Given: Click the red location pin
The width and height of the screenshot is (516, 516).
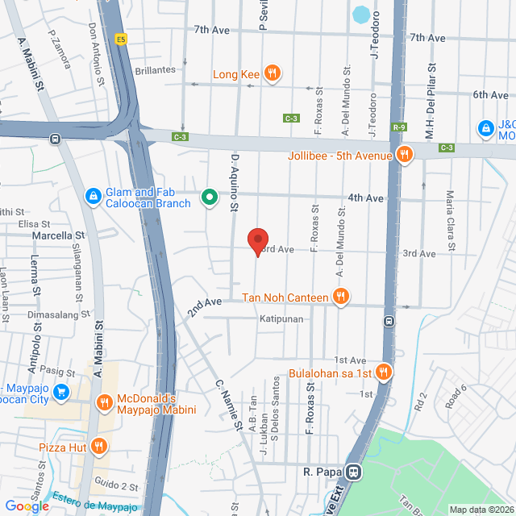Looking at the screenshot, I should click(257, 241).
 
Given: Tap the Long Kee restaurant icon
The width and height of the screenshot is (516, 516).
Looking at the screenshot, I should click(273, 74).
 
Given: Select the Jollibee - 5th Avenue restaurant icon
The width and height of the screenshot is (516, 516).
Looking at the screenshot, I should click(404, 155).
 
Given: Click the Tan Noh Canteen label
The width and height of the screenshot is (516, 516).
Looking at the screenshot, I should click(285, 298).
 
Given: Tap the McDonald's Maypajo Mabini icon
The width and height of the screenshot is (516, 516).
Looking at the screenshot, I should click(104, 402).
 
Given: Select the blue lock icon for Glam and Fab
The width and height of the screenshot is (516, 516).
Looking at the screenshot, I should click(93, 195).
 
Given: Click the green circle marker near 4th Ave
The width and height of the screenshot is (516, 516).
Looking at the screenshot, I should click(209, 197).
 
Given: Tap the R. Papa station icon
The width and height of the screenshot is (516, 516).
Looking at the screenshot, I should click(353, 472).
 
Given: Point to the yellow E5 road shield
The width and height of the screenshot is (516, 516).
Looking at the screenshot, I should click(121, 39).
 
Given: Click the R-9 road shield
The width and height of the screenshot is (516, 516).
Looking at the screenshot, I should click(399, 127).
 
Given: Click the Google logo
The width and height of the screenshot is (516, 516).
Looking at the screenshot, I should click(27, 506).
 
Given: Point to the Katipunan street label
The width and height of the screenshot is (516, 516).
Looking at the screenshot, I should click(281, 319).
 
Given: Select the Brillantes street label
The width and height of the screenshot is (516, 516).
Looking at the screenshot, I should click(156, 70).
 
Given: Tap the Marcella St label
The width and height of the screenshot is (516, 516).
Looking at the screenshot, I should click(58, 235).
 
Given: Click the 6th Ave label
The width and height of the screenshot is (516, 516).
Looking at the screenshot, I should click(490, 94).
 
